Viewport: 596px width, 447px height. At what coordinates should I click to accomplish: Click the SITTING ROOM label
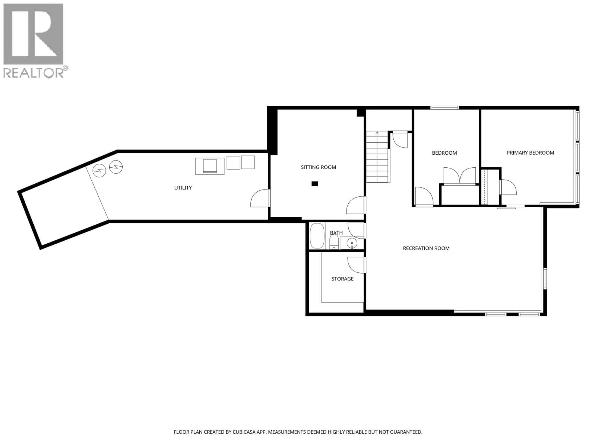tap(318, 167)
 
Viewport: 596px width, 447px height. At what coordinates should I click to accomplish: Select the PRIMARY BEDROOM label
tap(530, 153)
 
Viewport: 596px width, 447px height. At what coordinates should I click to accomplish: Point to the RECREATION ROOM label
tap(426, 248)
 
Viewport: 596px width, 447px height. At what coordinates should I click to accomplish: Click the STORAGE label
tap(342, 279)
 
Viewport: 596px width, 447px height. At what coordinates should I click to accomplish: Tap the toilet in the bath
tap(334, 242)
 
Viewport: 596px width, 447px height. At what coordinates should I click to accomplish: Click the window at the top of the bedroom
tap(444, 108)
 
